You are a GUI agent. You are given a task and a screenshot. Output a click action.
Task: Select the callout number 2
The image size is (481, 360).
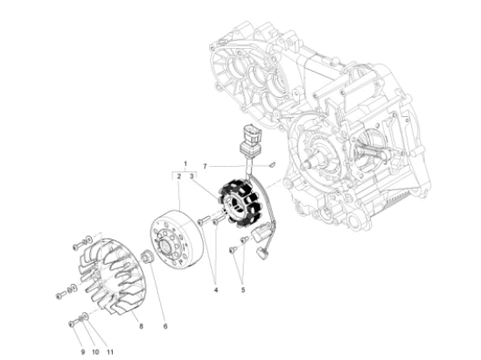(x=178, y=176)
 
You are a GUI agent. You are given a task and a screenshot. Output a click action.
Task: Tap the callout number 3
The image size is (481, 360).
(x=193, y=176)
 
